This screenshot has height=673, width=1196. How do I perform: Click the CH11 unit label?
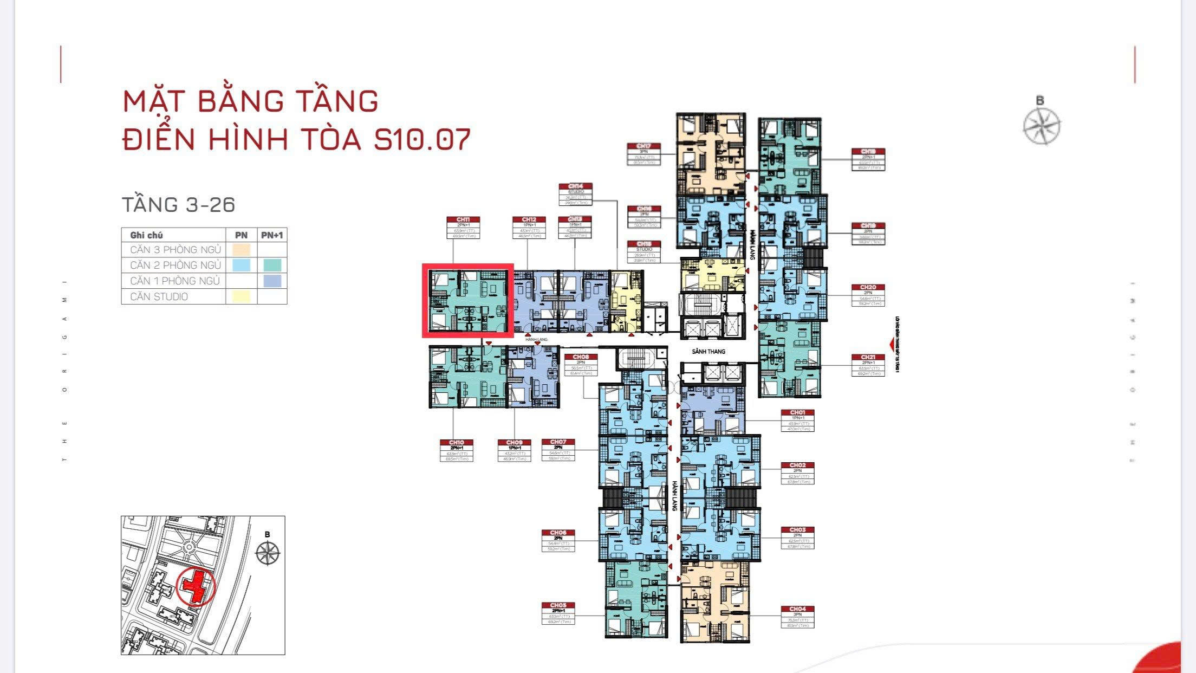[x=463, y=219]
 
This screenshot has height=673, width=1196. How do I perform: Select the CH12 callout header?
[x=529, y=219]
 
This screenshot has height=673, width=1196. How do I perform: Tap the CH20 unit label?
[x=868, y=287]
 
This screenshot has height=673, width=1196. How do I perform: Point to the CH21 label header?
[x=868, y=358]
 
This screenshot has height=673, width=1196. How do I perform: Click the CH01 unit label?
[x=797, y=413]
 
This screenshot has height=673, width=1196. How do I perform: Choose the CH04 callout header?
[x=797, y=609]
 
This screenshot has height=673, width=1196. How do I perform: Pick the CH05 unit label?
[x=558, y=605]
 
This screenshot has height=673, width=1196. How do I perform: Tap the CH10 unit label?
[x=457, y=443]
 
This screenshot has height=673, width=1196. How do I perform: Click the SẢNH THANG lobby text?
[x=708, y=352]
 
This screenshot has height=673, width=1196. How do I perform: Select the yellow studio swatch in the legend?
[x=241, y=296]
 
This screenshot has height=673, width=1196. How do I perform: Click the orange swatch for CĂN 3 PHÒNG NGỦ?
[x=241, y=250]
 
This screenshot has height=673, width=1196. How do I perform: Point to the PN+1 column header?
[x=272, y=235]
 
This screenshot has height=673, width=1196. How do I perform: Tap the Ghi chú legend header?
[x=146, y=235]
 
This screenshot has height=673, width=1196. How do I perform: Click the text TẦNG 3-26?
[x=179, y=205]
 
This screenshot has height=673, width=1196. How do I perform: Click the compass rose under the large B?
[x=1042, y=127]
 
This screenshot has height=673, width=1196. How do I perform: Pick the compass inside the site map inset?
[x=267, y=553]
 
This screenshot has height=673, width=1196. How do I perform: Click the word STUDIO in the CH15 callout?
[x=643, y=249]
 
